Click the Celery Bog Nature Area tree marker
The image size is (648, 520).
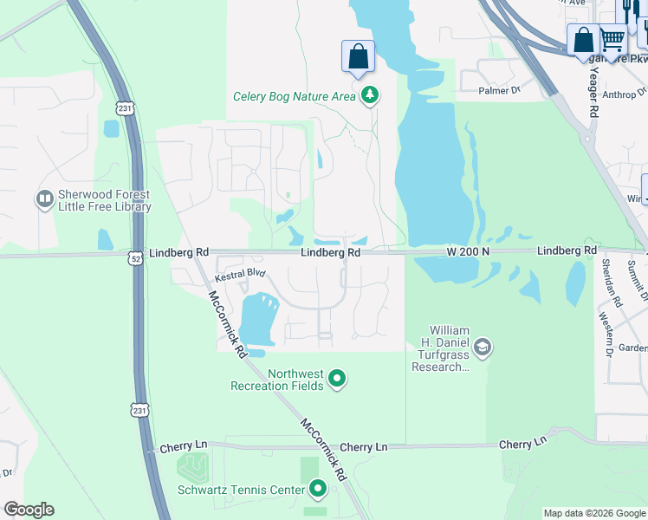coord(370,95)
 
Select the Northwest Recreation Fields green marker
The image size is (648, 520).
coord(337,379)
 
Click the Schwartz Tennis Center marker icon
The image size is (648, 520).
coord(318,490)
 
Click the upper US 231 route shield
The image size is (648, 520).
coord(125,107)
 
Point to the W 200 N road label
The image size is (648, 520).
coord(469,251)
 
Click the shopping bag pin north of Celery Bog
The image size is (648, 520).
coord(358,57)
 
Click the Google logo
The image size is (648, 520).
coord(29,510)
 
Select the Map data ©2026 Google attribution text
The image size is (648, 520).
coord(593,513)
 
